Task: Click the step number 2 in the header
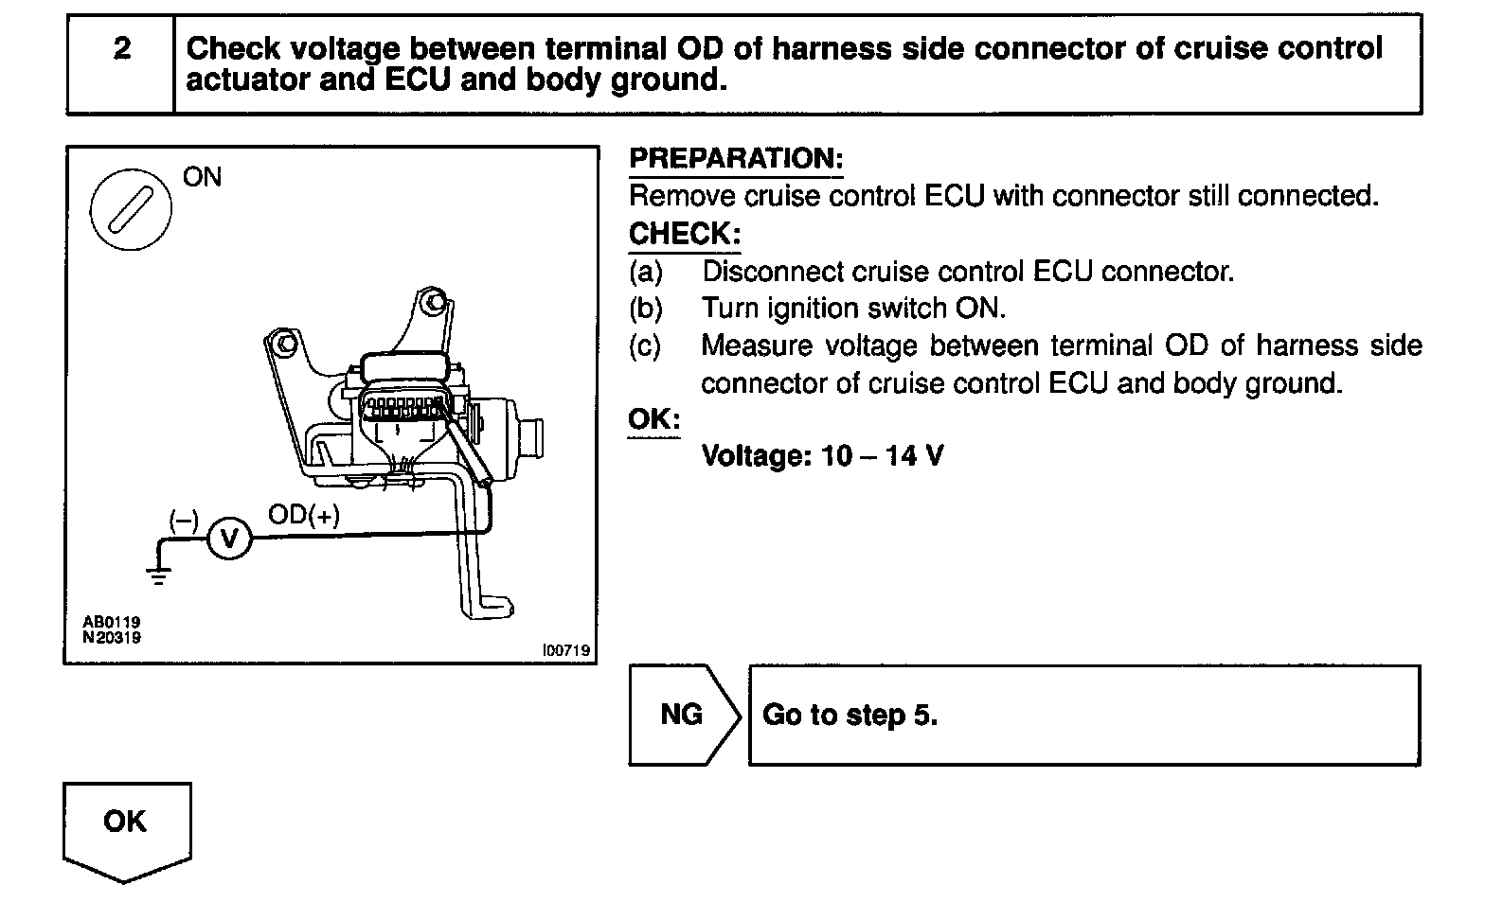(121, 49)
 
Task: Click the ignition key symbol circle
(131, 209)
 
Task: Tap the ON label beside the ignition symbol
(202, 177)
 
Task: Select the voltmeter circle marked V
(228, 539)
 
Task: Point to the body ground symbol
(158, 573)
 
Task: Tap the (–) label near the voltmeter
(183, 520)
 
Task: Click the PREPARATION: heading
(736, 158)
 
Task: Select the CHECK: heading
(684, 233)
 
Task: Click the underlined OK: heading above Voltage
(653, 418)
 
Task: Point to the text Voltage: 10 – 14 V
(822, 456)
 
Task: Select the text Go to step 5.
(850, 715)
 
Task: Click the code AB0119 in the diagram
(111, 622)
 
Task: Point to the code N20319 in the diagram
(111, 637)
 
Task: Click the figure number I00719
(565, 650)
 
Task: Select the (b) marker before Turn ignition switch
(646, 309)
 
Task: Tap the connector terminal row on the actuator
(404, 409)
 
